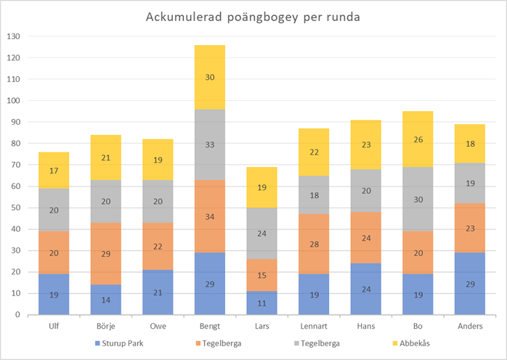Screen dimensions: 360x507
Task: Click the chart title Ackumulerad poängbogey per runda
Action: point(253,17)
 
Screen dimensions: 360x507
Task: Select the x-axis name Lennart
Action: point(303,327)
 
